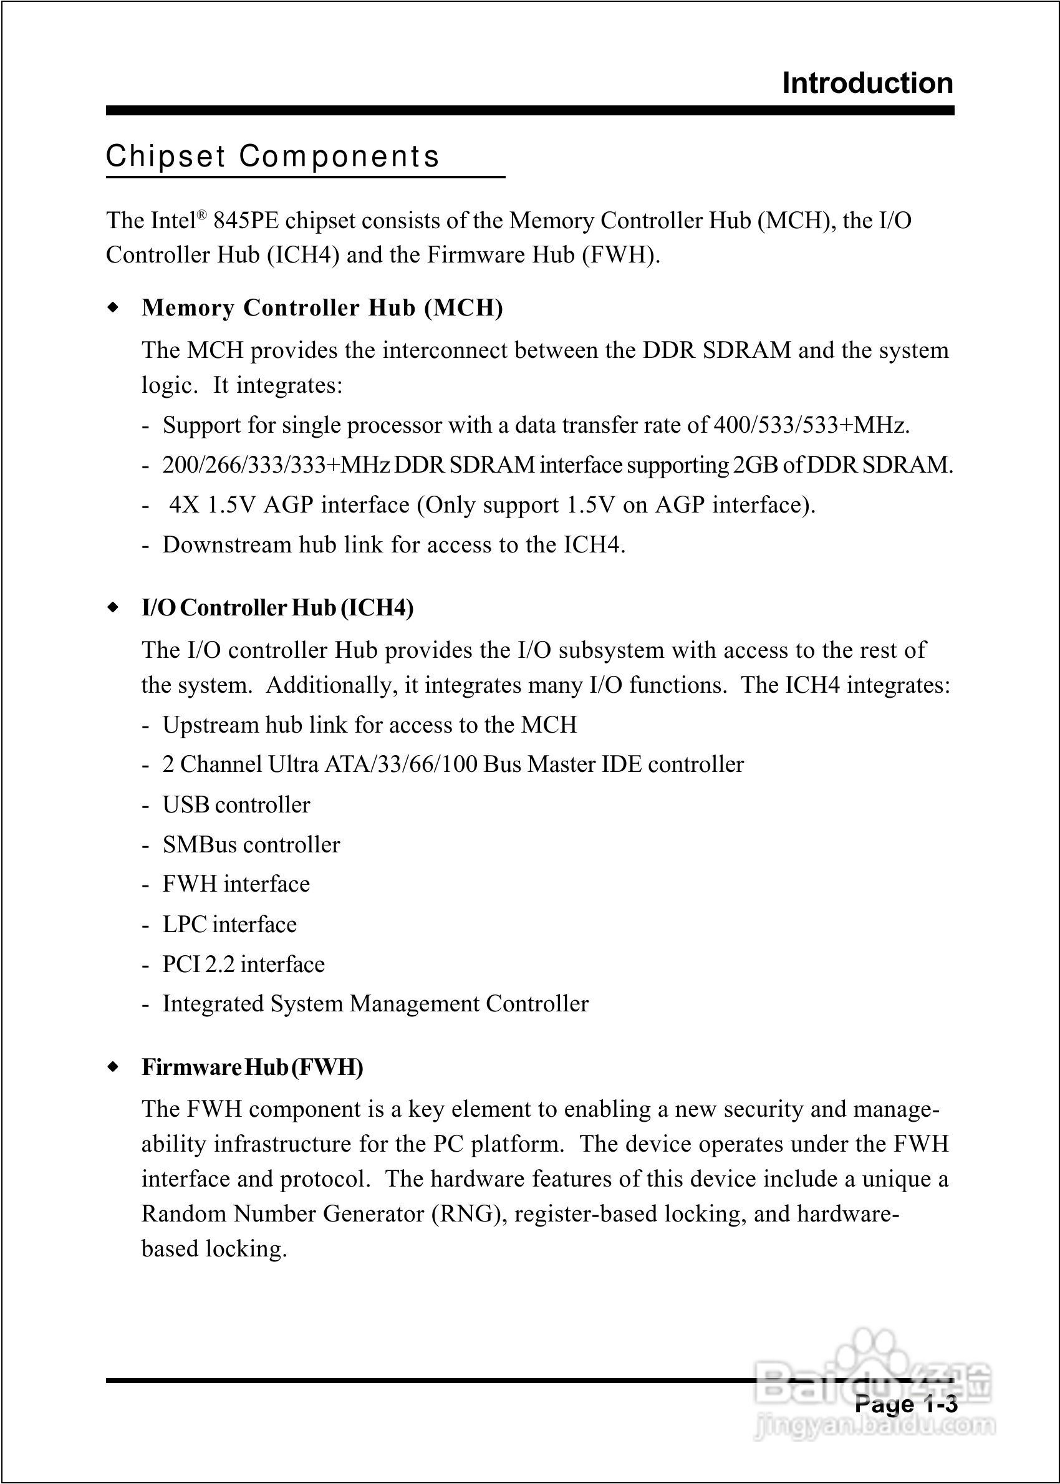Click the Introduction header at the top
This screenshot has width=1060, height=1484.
pos(867,84)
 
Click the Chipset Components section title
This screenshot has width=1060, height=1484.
pos(273,157)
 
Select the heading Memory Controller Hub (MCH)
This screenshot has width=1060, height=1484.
pos(322,307)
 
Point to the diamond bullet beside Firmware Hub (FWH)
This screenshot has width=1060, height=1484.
pos(113,1067)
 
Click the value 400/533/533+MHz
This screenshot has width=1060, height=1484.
pos(811,425)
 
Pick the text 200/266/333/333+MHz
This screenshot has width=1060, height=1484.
pos(276,465)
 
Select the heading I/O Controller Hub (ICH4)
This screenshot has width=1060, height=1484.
pos(277,607)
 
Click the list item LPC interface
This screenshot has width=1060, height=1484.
pos(229,924)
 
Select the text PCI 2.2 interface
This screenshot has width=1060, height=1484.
pos(243,964)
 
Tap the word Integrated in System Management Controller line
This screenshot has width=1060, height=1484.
pos(213,1004)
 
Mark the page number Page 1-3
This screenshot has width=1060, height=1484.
pos(905,1404)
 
